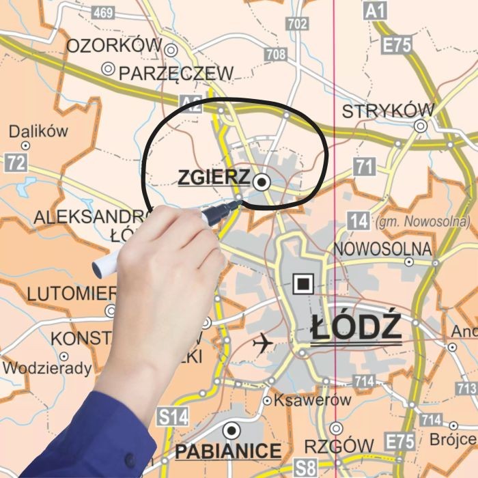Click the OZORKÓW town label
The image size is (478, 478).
click(114, 46)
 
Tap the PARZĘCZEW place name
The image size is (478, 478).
click(175, 73)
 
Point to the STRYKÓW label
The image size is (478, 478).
click(387, 111)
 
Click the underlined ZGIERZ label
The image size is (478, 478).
click(213, 178)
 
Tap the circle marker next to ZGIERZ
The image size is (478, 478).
click(262, 182)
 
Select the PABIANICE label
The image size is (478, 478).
click(228, 451)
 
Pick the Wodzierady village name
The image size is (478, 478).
click(47, 369)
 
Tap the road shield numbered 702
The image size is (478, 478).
click(298, 24)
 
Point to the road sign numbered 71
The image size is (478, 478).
click(365, 166)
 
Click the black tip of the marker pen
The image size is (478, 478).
click(236, 204)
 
